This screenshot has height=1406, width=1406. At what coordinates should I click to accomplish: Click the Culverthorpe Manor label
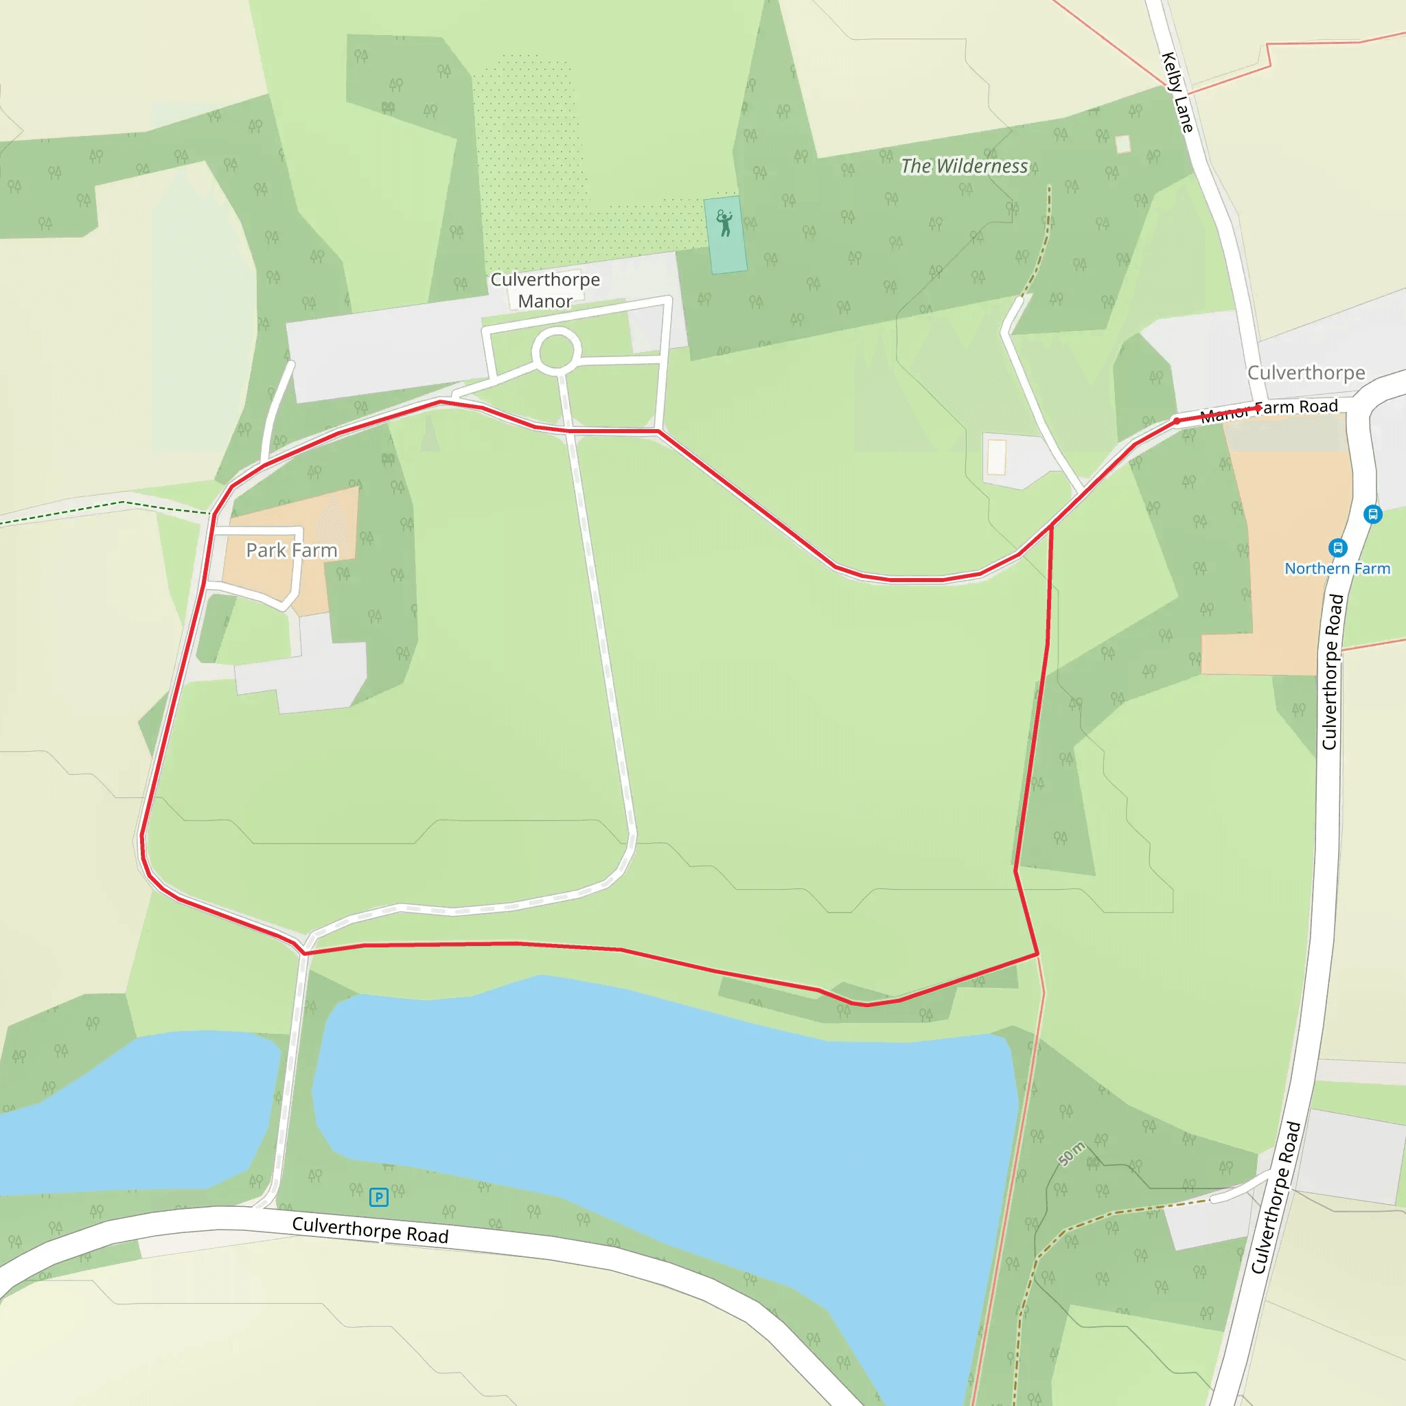(x=545, y=290)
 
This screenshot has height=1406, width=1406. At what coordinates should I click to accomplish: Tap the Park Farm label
(x=291, y=550)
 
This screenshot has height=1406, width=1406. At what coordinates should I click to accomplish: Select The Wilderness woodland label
(x=965, y=166)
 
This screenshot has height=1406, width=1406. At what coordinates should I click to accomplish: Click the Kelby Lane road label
(x=1177, y=93)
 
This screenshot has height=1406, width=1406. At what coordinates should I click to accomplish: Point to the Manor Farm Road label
(x=1269, y=411)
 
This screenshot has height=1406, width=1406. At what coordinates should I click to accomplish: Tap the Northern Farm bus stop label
(x=1337, y=568)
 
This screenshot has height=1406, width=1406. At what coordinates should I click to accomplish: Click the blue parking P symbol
(x=378, y=1197)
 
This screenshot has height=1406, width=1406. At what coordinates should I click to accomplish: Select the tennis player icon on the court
(x=724, y=223)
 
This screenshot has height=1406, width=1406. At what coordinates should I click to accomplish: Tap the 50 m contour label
(x=1071, y=1154)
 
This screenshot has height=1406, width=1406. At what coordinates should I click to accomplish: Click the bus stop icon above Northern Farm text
(x=1337, y=547)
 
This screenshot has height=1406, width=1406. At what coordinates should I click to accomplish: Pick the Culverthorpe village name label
(x=1306, y=373)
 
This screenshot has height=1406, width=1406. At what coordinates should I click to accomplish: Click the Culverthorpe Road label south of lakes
(x=370, y=1230)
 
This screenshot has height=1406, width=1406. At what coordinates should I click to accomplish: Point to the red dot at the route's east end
(x=1258, y=408)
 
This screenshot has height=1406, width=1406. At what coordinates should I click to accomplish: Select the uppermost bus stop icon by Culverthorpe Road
(x=1372, y=514)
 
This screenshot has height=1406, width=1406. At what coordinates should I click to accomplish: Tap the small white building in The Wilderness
(x=1123, y=144)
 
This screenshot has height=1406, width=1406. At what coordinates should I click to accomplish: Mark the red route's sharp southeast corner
(x=1038, y=954)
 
